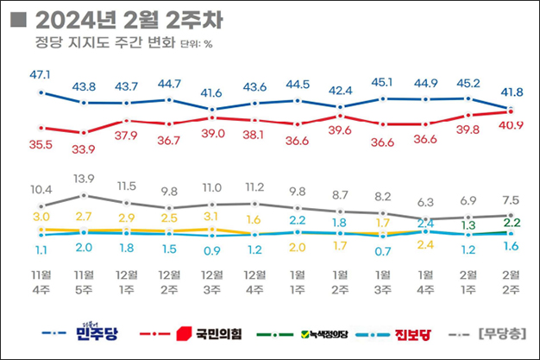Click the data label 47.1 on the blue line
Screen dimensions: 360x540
[x=41, y=76]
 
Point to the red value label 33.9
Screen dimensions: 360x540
[x=84, y=148]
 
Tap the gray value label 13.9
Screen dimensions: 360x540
[x=84, y=179]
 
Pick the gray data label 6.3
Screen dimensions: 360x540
[x=424, y=202]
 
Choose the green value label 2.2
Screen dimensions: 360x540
[x=510, y=224]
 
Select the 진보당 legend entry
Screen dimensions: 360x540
[x=411, y=333]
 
